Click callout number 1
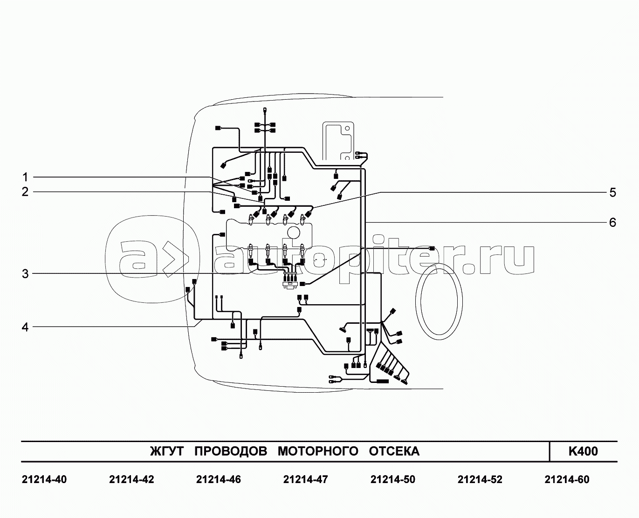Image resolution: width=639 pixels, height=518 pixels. pos(25,177)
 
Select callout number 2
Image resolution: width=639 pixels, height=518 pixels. pos(25,191)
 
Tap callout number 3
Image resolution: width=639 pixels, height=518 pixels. pos(25,274)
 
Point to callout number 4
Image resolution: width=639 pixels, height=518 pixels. pos(25,327)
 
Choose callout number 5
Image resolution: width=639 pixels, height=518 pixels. pos(612,192)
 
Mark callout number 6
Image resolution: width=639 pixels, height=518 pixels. pos(612,222)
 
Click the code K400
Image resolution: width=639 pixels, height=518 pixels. pos(583,451)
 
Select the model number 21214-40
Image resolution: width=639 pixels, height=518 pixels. pos(44,479)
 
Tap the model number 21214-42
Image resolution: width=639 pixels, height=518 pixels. pos(131,479)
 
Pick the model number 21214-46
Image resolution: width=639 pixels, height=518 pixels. pos(219,479)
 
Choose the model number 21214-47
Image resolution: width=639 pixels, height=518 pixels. pos(306,479)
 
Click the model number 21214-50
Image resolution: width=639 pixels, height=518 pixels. pos(392,479)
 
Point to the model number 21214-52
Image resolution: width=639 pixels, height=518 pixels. pos(480,479)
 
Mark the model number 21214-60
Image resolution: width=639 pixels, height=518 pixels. pos(567,479)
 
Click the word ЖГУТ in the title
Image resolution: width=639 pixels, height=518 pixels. pos(167,451)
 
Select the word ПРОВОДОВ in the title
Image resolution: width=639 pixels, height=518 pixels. pos(230,451)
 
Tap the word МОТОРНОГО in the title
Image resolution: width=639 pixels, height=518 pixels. pos(318,451)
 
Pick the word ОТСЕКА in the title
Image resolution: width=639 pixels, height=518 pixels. pos(394,451)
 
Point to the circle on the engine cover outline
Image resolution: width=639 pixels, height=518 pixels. pos(295,233)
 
